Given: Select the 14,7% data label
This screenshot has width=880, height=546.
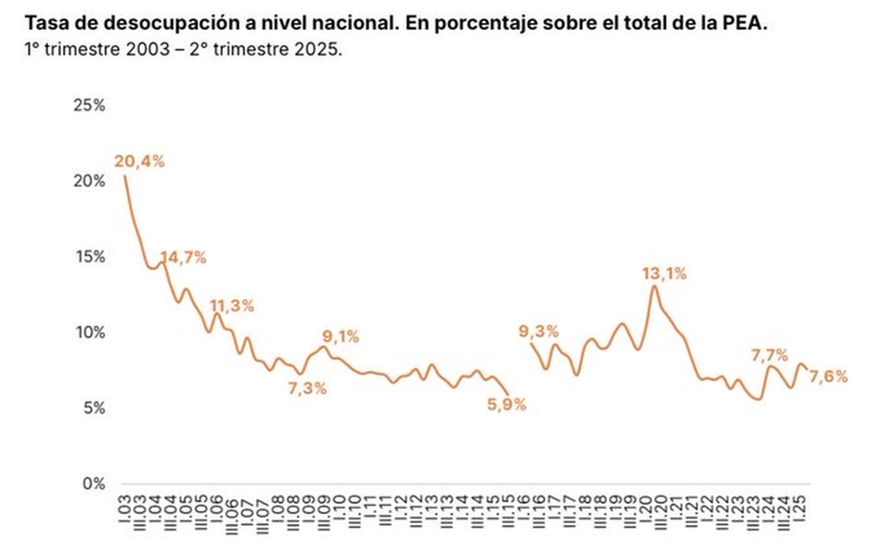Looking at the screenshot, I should coord(183,257).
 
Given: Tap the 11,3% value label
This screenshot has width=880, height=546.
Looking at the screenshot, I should coord(232,306).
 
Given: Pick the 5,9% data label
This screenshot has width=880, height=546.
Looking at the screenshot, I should coord(507,404).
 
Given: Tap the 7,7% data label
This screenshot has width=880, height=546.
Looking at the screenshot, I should coord(769,355).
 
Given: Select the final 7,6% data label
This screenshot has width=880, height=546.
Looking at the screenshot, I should coord(829,377).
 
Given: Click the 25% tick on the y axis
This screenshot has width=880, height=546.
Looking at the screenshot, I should coord(89,105).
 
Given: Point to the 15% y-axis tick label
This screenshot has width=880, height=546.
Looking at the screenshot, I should coord(89,257).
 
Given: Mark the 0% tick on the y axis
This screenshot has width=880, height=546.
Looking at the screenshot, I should coord(93,484).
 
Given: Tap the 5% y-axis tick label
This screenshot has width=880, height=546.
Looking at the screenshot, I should coord(93,408).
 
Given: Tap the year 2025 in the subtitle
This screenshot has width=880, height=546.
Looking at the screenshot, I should coord(322,52).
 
